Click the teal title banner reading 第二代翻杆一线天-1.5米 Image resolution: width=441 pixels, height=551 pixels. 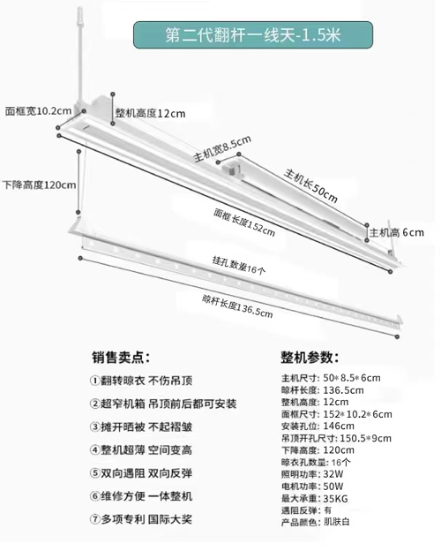click(x=253, y=34)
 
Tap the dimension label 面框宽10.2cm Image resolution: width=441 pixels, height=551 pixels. click(x=38, y=111)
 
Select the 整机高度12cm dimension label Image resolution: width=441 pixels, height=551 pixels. click(x=150, y=113)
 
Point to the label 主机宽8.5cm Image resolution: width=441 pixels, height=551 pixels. click(x=222, y=149)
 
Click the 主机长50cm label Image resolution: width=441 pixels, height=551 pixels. click(x=310, y=186)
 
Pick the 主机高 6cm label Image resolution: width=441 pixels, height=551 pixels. click(x=397, y=232)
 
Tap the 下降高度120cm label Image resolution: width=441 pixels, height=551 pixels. click(x=40, y=185)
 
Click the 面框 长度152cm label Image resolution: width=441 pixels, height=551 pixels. click(x=244, y=223)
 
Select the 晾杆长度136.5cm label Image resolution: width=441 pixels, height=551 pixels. click(x=237, y=306)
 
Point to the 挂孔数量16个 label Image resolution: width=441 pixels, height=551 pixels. click(x=239, y=265)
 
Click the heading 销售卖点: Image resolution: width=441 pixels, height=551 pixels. click(x=121, y=358)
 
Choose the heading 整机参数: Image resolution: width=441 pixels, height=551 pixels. click(x=310, y=358)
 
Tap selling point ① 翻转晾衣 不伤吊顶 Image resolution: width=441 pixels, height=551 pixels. click(x=141, y=381)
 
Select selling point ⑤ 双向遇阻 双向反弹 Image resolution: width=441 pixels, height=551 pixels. click(x=141, y=473)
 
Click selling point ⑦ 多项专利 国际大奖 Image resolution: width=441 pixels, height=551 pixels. click(x=141, y=519)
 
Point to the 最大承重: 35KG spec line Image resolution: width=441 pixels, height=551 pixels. click(x=315, y=498)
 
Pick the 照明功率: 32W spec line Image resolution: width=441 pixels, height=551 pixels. click(x=312, y=474)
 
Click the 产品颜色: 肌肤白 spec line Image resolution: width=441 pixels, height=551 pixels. click(x=316, y=522)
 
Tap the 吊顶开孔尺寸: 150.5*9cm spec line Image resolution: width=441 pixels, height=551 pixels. click(x=336, y=438)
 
